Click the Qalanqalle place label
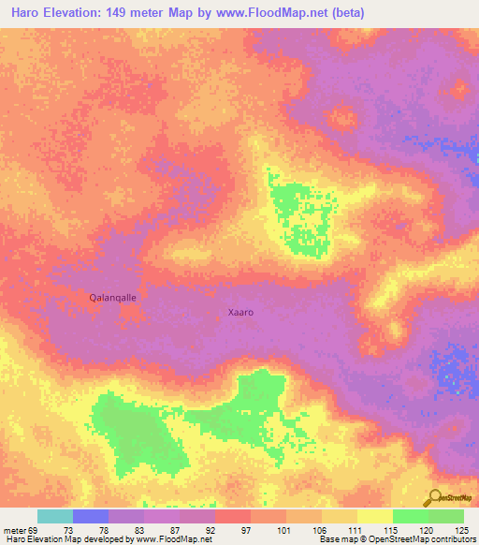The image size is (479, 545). point(112,297)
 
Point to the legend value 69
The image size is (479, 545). point(34,530)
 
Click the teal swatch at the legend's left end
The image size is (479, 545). point(54,516)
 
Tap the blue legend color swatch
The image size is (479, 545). point(90,516)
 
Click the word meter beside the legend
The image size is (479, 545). point(13,530)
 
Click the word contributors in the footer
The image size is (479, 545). point(449,540)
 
